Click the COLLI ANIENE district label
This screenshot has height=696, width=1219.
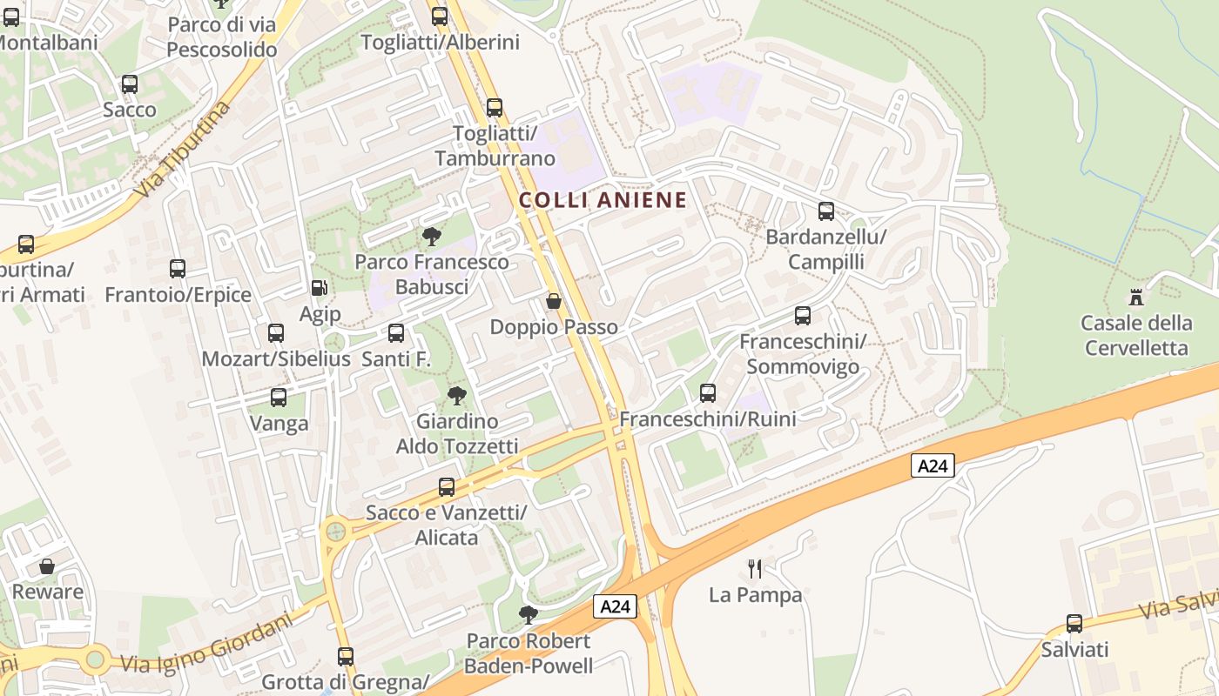603,200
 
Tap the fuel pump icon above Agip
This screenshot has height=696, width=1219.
320,287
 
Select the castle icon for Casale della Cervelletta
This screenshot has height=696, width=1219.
1135,298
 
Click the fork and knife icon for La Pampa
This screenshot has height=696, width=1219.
755,569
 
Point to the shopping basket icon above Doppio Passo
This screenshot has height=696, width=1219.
553,302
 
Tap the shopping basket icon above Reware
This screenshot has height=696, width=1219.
47,566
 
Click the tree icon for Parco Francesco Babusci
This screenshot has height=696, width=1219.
431,236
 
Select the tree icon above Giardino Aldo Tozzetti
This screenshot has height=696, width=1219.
456,396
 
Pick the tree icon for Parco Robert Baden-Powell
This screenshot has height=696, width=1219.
528,615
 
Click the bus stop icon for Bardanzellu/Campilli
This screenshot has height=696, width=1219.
825,211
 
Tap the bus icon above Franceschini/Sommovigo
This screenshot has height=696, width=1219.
802,316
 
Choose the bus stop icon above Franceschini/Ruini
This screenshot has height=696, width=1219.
707,393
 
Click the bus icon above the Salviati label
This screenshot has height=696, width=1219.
1074,624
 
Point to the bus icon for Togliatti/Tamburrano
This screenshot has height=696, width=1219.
494,108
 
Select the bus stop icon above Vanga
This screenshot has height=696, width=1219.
279,398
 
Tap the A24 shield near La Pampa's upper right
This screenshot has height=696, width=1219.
933,465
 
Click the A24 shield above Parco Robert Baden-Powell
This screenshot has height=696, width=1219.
616,606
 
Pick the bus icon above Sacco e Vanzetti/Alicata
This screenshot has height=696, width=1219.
447,487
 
